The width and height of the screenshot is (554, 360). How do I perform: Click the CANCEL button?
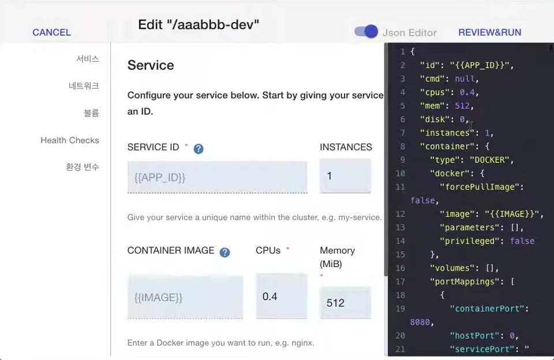tap(51, 32)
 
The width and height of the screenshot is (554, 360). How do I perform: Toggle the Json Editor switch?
tap(366, 32)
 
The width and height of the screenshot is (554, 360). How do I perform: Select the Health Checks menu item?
tap(70, 140)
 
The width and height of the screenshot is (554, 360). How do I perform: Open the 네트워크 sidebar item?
tap(84, 86)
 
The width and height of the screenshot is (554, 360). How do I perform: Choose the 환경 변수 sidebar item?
tap(83, 167)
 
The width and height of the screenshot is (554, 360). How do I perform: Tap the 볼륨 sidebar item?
tap(91, 113)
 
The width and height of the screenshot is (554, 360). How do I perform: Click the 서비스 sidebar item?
tap(88, 59)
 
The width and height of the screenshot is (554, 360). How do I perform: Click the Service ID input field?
tap(218, 177)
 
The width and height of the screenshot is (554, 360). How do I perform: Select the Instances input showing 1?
tap(345, 175)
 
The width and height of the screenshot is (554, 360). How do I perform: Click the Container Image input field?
tap(185, 297)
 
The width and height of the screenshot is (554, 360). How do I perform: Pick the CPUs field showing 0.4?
tap(282, 296)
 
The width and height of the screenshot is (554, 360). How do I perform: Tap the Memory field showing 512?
tap(345, 302)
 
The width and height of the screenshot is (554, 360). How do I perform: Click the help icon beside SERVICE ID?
tap(199, 149)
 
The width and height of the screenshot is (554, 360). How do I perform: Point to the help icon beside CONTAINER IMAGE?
tap(224, 252)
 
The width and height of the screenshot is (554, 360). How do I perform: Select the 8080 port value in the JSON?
tap(420, 322)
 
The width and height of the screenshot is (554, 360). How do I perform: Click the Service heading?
tap(151, 65)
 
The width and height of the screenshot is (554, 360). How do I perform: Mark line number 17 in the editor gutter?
tap(400, 282)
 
